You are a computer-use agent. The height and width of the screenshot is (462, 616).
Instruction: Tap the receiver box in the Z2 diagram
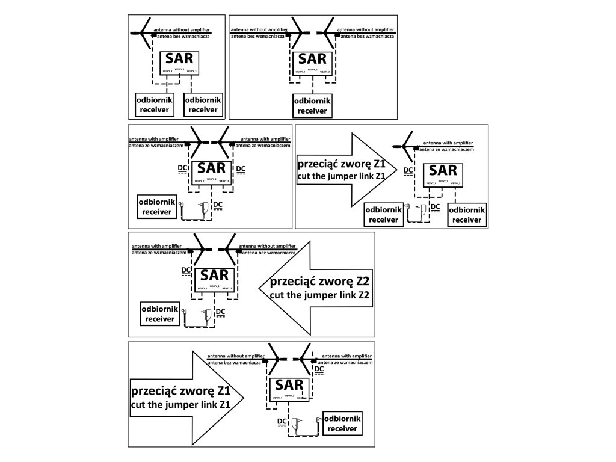pos(159,313)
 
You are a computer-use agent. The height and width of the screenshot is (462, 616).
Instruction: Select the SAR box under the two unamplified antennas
pos(312,64)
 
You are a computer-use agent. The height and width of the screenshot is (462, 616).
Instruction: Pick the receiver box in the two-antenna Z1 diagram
pos(343,423)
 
